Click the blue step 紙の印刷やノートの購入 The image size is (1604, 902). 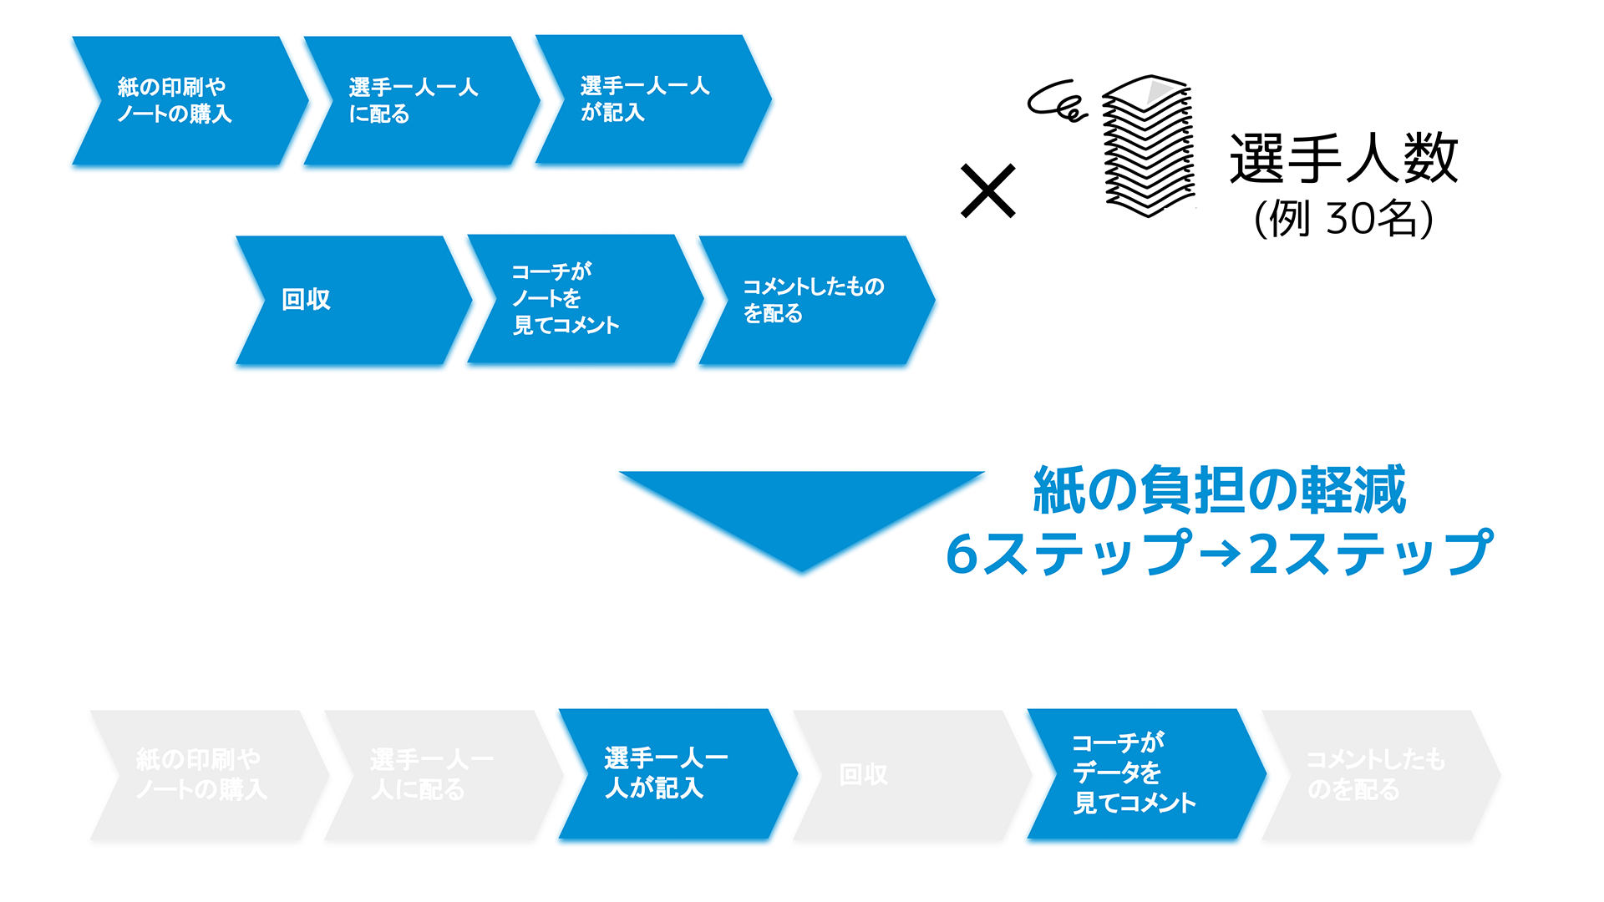coord(188,100)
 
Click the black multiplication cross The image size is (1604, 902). coord(987,191)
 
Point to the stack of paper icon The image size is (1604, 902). coord(1149,146)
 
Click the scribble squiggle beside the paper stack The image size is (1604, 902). coord(1056,102)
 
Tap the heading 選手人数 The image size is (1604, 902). coord(1343,159)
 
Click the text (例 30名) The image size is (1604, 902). coord(1343,219)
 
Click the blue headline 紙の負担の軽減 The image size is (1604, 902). coord(1220,490)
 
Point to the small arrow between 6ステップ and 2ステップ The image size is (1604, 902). coord(1219,553)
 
